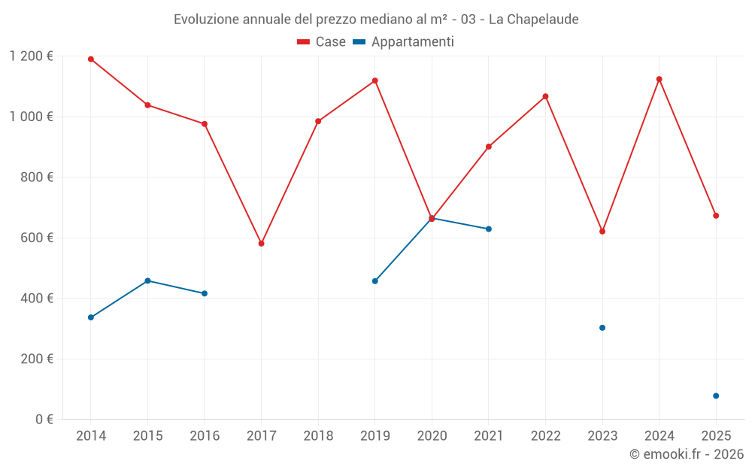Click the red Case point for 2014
(x=91, y=59)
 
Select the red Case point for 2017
(x=261, y=244)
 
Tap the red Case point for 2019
(x=375, y=80)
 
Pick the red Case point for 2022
(x=545, y=96)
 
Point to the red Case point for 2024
(x=660, y=79)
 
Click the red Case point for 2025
(x=716, y=216)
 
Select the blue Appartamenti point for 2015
(x=147, y=280)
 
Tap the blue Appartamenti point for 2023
(x=602, y=328)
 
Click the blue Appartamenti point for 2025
(x=716, y=396)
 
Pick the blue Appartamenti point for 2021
(x=489, y=229)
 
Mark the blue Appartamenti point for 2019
(x=375, y=281)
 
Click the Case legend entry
(x=322, y=42)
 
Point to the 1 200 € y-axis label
(x=32, y=56)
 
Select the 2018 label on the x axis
(x=318, y=436)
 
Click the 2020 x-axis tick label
(x=432, y=436)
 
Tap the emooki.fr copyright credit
(x=687, y=454)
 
